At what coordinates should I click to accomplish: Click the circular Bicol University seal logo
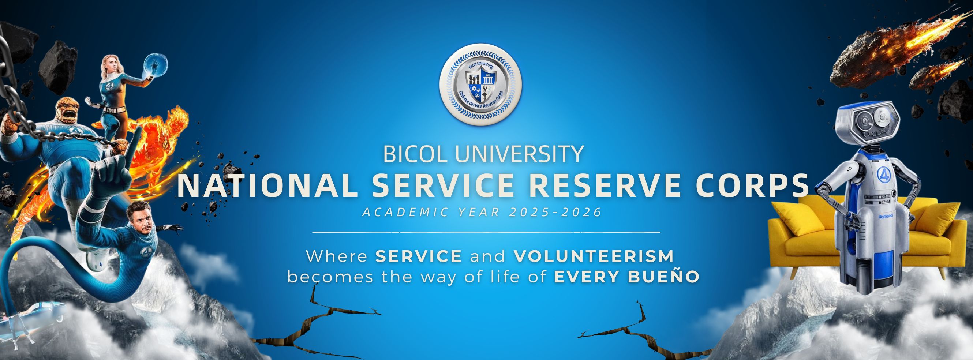point(480,85)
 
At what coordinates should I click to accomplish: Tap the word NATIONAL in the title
point(267,185)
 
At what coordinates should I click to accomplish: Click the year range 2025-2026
point(555,212)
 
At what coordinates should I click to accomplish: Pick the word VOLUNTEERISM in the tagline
point(594,256)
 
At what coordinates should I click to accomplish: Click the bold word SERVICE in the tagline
point(419,256)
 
